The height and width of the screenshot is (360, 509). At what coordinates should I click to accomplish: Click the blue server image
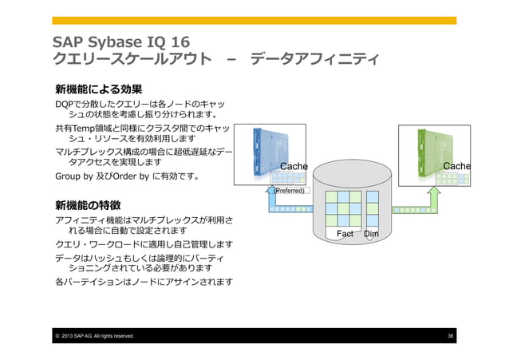tap(274, 152)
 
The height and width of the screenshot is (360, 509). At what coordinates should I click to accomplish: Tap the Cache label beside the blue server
tap(293, 166)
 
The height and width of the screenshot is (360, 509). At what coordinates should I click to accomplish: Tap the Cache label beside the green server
tap(456, 166)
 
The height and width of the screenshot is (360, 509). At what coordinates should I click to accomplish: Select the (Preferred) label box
tap(288, 192)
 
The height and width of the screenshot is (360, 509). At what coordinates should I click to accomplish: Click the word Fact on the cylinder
tap(345, 234)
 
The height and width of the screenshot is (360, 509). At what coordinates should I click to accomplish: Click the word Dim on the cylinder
tap(371, 234)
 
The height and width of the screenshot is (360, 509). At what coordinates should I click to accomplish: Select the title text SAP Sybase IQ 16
tap(120, 41)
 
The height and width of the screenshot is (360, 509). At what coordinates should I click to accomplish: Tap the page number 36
tap(451, 336)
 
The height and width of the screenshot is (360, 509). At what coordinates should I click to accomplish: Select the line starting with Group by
tap(116, 176)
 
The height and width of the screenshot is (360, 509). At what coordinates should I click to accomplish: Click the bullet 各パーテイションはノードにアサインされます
tap(144, 283)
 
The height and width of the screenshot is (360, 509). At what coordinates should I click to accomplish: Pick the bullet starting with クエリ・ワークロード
tap(144, 243)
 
